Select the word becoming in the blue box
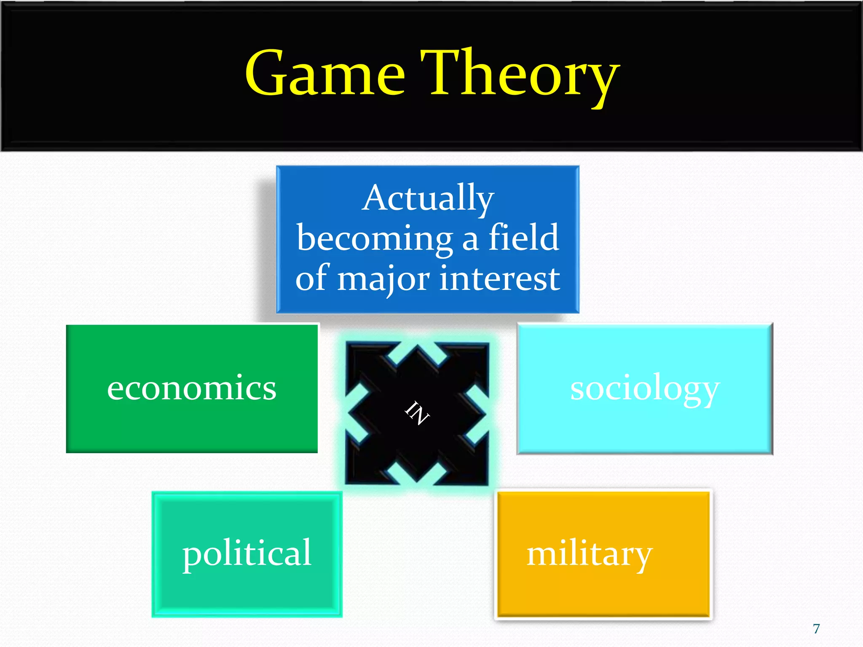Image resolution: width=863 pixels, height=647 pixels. tap(374, 238)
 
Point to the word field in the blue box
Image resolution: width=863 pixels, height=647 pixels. tap(523, 237)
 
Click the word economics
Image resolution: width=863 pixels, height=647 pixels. tap(192, 388)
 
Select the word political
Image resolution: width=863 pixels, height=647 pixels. tap(247, 553)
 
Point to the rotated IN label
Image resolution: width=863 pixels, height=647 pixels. tap(417, 413)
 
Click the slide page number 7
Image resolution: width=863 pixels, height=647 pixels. tap(816, 628)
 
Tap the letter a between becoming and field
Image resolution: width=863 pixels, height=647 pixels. tap(470, 239)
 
